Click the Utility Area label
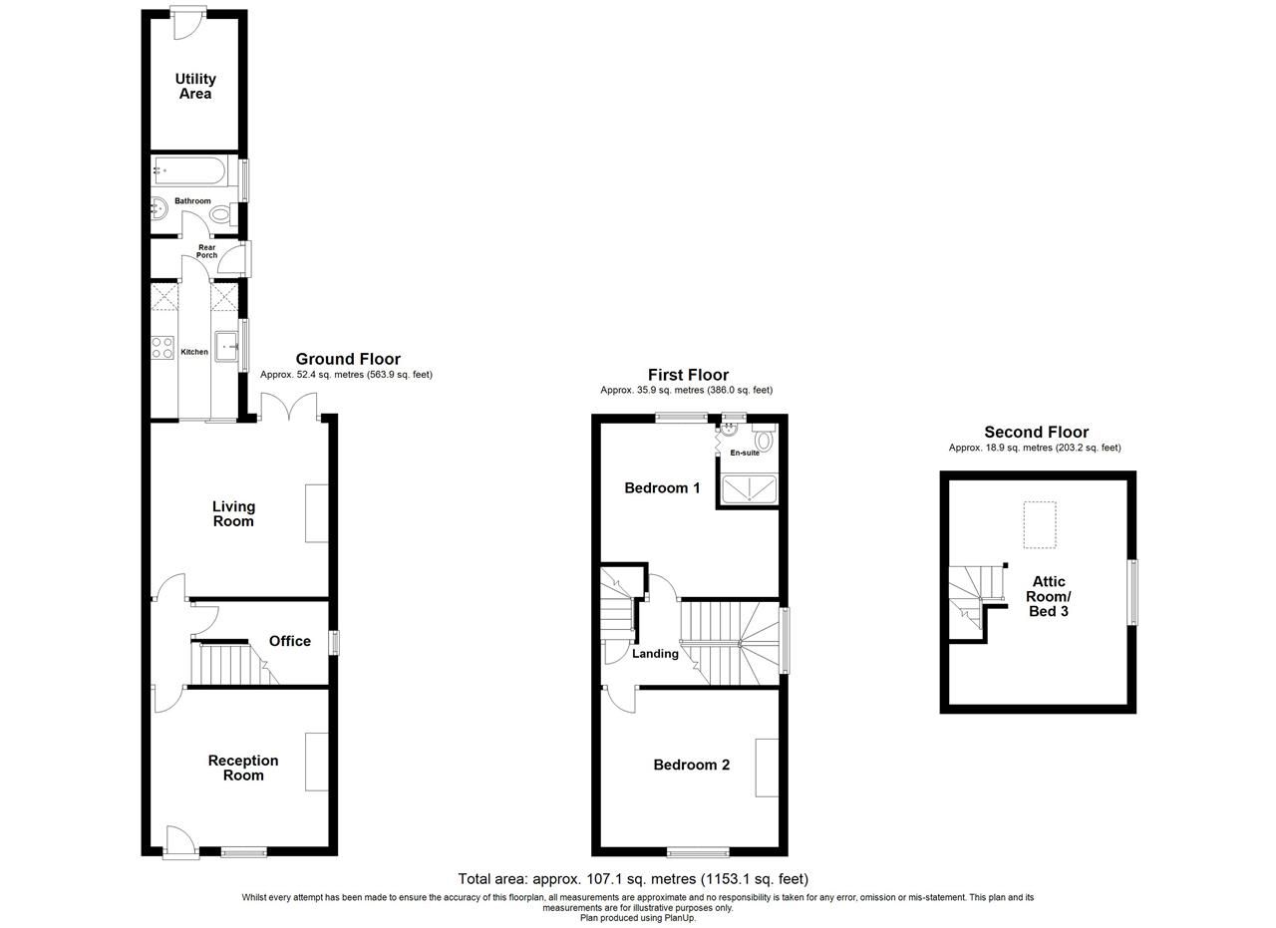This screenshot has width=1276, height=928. point(195,87)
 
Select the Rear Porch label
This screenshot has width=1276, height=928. point(206,251)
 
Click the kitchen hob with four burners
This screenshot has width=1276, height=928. point(162,348)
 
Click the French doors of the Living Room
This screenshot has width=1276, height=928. point(289,406)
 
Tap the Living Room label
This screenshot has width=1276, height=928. point(233,513)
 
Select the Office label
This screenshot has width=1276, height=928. point(290,641)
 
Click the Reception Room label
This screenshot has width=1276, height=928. point(243,768)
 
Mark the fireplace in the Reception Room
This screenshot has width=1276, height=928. point(317,763)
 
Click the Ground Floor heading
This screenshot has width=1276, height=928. point(348,359)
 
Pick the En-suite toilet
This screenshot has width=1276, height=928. point(765,439)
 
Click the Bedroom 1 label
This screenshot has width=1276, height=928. point(662,488)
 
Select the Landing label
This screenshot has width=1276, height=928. point(655,654)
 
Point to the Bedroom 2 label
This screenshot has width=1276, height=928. point(692,765)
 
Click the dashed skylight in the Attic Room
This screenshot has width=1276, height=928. point(1040,524)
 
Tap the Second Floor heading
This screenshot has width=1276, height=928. point(1036,432)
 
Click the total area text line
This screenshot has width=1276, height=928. point(633,879)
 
